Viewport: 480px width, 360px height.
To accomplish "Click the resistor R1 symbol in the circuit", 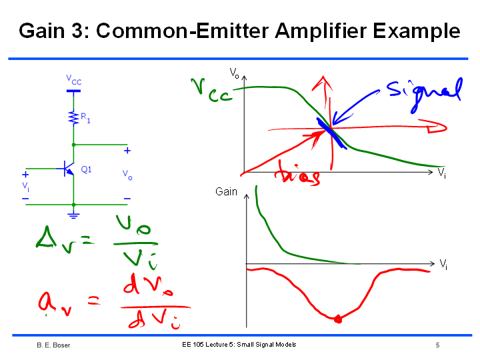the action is click(73, 118).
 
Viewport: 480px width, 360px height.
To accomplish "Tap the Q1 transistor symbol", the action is click(68, 169).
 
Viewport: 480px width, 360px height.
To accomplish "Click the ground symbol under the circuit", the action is click(73, 215).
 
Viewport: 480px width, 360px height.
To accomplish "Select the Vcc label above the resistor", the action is click(74, 80).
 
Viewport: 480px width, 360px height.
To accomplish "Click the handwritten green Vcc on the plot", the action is click(211, 91).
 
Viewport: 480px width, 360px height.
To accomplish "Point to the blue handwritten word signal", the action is click(425, 93).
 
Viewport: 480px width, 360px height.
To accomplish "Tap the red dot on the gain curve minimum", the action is click(338, 319).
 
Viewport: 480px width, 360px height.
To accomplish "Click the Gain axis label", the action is click(226, 191).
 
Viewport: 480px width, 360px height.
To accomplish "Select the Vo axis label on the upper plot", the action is click(234, 73).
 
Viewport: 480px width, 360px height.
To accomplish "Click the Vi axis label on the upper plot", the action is click(441, 173).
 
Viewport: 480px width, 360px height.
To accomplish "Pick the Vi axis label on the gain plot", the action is click(443, 264).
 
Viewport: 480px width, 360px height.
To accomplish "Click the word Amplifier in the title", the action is click(321, 31).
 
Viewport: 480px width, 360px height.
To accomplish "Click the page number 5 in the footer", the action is click(437, 345).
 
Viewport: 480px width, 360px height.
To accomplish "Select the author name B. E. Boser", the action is click(53, 345).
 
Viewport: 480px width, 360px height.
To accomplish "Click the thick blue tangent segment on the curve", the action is click(332, 133).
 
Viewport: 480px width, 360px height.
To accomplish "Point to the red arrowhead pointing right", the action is click(435, 127).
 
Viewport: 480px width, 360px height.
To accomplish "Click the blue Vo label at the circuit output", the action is click(127, 175).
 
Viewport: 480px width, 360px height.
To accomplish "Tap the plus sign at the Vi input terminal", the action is click(25, 175).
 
